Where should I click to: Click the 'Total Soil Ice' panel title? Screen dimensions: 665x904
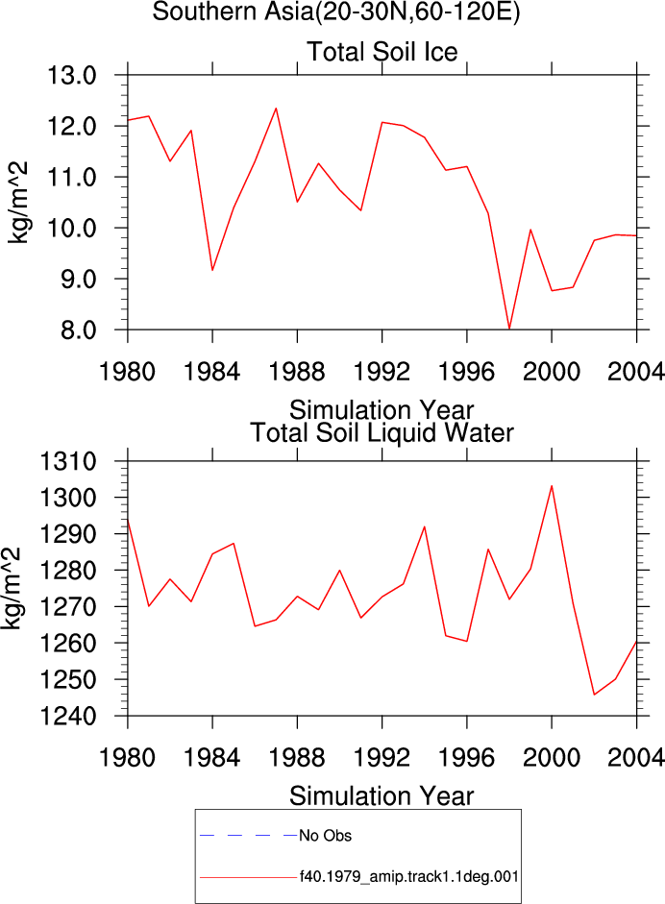[x=382, y=52]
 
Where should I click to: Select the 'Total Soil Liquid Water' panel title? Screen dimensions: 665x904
[x=382, y=433]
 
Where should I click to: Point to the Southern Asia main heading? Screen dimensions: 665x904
[x=336, y=12]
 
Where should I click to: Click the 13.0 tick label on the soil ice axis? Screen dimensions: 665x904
[x=71, y=75]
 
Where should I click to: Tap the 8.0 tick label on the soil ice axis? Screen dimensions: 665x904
[x=79, y=330]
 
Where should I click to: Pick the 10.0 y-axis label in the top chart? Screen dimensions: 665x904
[x=71, y=229]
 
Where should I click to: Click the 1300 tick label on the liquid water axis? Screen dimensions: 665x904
[x=67, y=498]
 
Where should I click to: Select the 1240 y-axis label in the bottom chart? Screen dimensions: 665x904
[x=67, y=716]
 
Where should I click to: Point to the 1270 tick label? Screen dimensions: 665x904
[x=67, y=607]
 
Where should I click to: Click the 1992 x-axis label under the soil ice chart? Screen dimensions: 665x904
[x=382, y=371]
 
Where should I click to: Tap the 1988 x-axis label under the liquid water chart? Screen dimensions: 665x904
[x=297, y=757]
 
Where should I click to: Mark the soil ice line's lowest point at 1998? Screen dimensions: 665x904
[x=509, y=329]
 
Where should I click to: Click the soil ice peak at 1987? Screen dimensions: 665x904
[x=276, y=109]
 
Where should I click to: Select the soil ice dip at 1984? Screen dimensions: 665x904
[x=212, y=270]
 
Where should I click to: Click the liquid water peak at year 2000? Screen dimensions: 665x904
[x=552, y=485]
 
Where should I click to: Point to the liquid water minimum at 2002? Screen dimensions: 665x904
[x=594, y=695]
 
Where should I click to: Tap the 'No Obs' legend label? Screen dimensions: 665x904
[x=325, y=836]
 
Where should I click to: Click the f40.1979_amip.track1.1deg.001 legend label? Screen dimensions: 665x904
[x=409, y=877]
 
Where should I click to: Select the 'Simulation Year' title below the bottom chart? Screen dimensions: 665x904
[x=382, y=796]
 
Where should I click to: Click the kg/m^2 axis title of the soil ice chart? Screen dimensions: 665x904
[x=18, y=203]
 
